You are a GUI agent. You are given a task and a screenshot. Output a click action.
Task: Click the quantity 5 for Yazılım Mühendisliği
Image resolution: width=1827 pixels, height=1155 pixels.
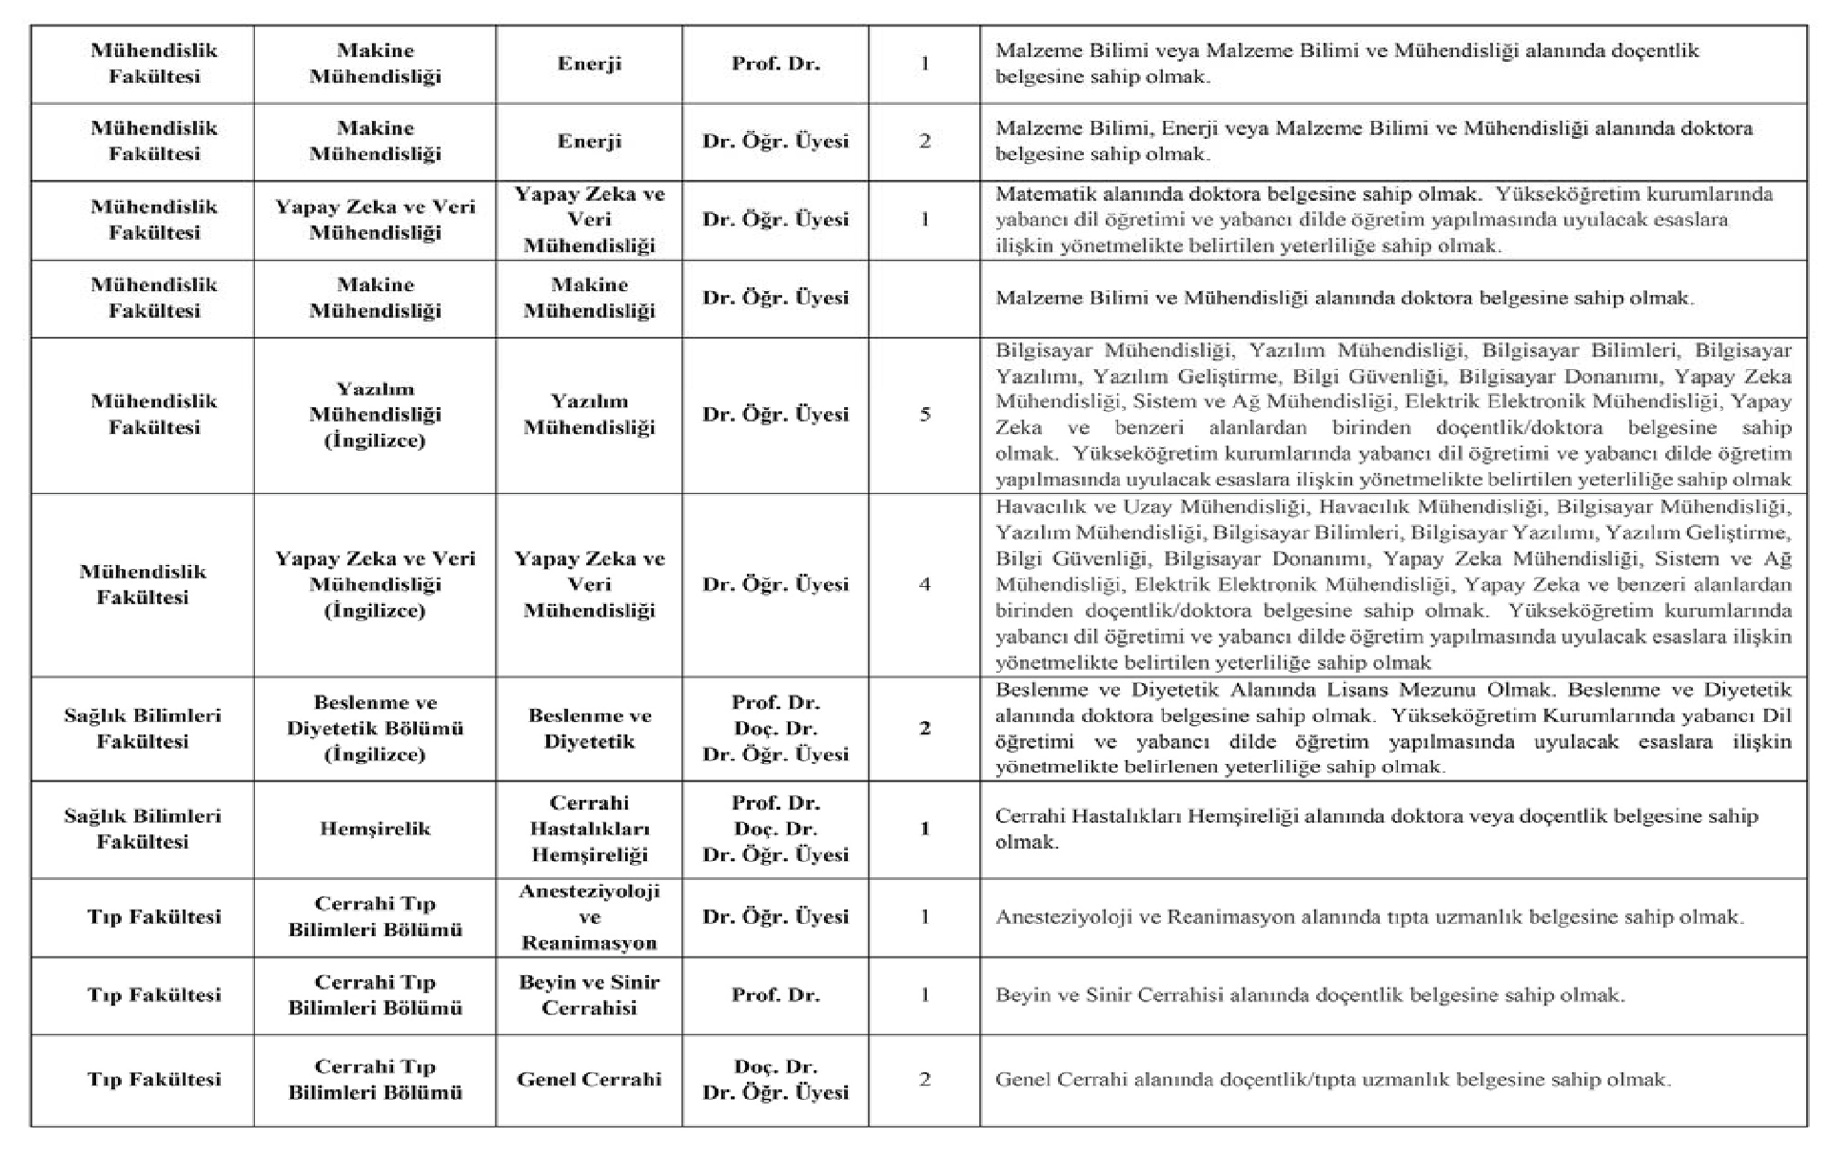pos(924,415)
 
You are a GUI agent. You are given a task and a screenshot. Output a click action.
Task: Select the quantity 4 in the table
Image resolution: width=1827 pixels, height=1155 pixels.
pos(924,584)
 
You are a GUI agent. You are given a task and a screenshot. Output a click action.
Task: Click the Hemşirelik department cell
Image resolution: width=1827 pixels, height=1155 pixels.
pos(375,829)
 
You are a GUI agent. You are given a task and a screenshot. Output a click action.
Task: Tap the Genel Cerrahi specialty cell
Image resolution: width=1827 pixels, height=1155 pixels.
pos(589,1079)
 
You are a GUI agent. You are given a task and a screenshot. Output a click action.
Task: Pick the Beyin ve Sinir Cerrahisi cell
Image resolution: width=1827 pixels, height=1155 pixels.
pos(589,995)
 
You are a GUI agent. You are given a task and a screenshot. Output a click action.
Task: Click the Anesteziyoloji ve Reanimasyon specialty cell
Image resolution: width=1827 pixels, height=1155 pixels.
pos(589,917)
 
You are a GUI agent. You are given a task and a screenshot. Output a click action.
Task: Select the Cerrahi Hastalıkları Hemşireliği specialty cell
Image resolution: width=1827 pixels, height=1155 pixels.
pos(589,829)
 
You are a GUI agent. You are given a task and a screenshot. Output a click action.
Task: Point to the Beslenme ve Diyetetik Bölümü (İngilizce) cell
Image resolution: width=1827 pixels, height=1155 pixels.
pos(375,729)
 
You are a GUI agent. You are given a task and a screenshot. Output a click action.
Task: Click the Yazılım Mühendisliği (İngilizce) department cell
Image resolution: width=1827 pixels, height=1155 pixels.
pos(375,415)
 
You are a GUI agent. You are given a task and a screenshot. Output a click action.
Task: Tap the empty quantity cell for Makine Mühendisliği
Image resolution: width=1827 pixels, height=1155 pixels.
pos(924,298)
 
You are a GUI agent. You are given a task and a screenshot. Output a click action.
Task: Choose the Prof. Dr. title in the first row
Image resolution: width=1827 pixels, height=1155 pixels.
pos(776,64)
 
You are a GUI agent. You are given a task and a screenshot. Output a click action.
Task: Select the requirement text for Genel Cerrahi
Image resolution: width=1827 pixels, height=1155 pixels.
pos(1332,1080)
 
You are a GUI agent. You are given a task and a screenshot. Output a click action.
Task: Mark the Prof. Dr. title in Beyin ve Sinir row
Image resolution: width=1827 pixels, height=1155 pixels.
pos(776,995)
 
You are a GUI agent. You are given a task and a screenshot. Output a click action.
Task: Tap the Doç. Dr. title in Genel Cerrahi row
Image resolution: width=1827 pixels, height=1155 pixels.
pos(776,1067)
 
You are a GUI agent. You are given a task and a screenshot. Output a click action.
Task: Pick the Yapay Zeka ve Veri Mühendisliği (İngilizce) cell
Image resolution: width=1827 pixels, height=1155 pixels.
pos(375,584)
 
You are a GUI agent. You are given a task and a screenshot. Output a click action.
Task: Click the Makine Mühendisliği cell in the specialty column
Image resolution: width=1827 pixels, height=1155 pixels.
pos(589,298)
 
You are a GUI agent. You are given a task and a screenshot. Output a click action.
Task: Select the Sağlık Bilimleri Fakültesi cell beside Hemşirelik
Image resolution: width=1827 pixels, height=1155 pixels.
pos(143,829)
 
